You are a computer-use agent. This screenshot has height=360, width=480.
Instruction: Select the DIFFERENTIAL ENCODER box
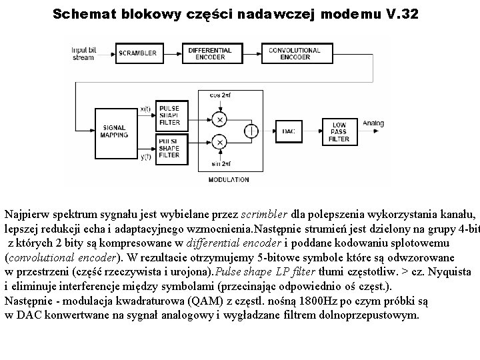tap(209, 53)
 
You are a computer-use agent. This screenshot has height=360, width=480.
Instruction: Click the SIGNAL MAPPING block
tap(113, 131)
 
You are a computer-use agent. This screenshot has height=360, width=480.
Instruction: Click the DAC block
tap(289, 131)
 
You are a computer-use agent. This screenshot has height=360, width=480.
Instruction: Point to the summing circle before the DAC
tap(251, 131)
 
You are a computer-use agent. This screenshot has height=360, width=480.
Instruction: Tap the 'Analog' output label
tap(374, 123)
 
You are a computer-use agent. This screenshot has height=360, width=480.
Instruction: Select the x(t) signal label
tap(146, 109)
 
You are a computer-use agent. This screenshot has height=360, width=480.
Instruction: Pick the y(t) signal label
tap(146, 157)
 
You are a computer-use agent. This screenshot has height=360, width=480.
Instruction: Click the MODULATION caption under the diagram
tap(229, 180)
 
